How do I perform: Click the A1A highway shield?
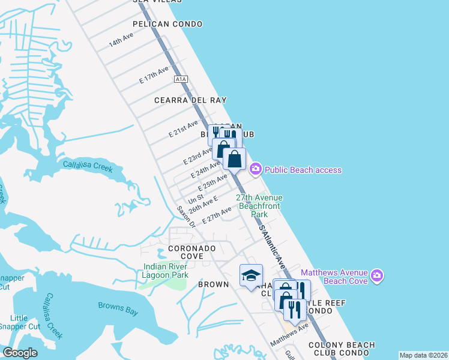click(x=181, y=79)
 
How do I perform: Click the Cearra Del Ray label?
click(x=184, y=100)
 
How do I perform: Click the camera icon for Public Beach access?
click(x=255, y=170)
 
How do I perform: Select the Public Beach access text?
click(x=303, y=170)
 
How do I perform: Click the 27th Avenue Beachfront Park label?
click(x=259, y=205)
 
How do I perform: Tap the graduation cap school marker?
click(x=251, y=275)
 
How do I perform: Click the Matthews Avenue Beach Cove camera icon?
click(x=376, y=276)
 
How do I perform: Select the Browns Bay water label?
click(x=118, y=305)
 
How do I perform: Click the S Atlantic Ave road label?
click(x=272, y=247)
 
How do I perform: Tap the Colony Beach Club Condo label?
click(x=342, y=349)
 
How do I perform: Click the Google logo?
click(x=20, y=353)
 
